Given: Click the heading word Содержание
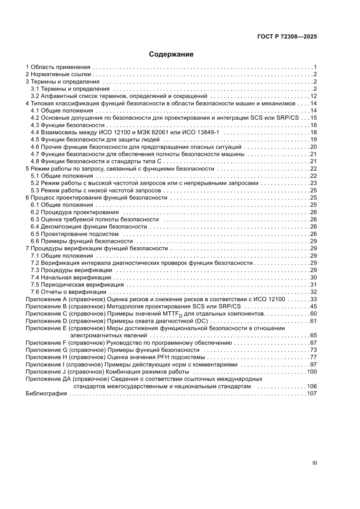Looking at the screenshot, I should click(x=171, y=54).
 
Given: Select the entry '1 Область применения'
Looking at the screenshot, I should click(x=58, y=67).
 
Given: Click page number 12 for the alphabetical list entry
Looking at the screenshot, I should click(x=313, y=96).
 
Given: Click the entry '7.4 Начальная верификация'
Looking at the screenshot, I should click(x=71, y=277).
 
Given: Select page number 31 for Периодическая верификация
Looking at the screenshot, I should click(x=313, y=285).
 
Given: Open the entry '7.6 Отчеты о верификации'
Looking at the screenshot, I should click(x=68, y=292).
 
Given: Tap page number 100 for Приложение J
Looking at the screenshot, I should click(x=311, y=372).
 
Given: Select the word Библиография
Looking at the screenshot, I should click(x=46, y=394).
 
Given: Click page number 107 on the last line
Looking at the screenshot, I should click(x=311, y=394).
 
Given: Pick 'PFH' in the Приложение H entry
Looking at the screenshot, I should click(x=168, y=357).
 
